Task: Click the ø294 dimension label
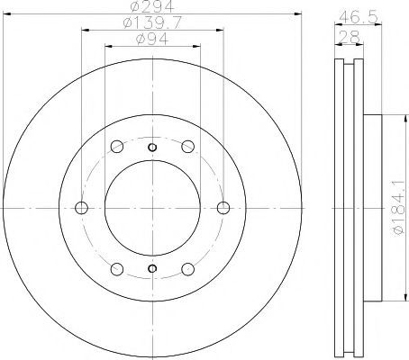tap(153, 6)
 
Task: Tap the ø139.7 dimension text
tap(152, 22)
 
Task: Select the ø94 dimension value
tap(152, 39)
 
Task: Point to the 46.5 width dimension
tap(358, 18)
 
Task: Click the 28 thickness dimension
tap(349, 37)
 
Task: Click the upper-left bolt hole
tap(117, 147)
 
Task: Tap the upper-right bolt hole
tap(188, 147)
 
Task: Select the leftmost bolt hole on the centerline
tap(81, 208)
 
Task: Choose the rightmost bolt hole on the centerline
tap(223, 208)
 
